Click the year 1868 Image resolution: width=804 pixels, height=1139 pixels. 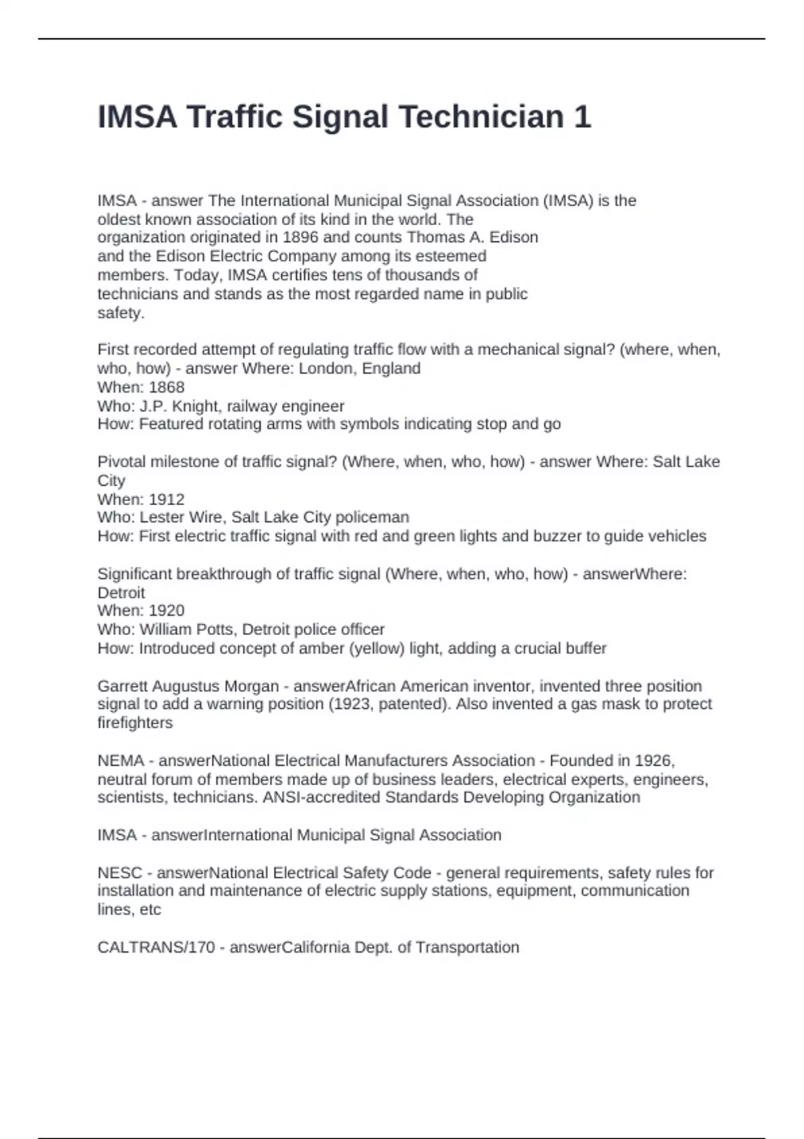coord(166,387)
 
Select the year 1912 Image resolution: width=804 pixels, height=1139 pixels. coord(166,499)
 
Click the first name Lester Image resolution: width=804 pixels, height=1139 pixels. coord(159,517)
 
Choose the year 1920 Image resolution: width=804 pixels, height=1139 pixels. coord(166,610)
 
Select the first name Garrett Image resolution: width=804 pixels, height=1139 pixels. coord(123,686)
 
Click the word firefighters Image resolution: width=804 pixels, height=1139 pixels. coord(135,723)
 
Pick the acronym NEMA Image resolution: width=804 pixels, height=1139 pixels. coord(121,760)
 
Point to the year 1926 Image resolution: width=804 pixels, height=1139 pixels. coord(653,760)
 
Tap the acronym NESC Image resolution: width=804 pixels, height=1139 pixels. coord(120,873)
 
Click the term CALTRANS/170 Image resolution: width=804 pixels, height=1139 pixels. coord(156,947)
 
